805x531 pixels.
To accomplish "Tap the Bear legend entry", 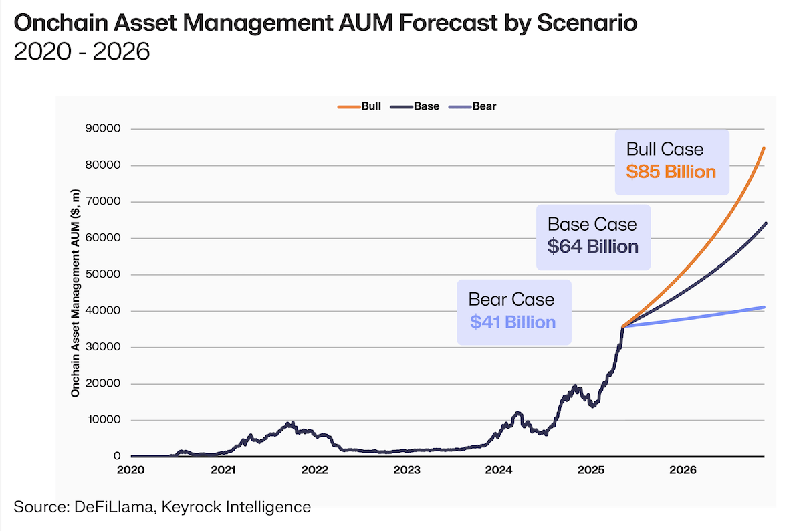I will click(484, 106).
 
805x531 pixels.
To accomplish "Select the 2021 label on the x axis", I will click(223, 470).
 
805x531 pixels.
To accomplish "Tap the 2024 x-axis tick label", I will click(499, 470).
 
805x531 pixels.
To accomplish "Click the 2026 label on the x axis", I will click(683, 470).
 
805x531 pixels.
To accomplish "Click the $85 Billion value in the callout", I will click(671, 172).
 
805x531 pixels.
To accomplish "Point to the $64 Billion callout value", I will click(592, 247).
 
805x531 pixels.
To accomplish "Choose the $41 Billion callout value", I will click(513, 322).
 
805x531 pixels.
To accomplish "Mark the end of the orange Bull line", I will click(764, 148).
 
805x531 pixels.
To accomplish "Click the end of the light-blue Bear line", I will click(764, 307).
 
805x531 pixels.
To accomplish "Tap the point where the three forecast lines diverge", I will click(623, 326).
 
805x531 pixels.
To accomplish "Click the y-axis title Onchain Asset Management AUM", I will click(76, 293).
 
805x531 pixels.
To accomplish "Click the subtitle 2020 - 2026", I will click(82, 51).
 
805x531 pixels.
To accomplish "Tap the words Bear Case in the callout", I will click(511, 299).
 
